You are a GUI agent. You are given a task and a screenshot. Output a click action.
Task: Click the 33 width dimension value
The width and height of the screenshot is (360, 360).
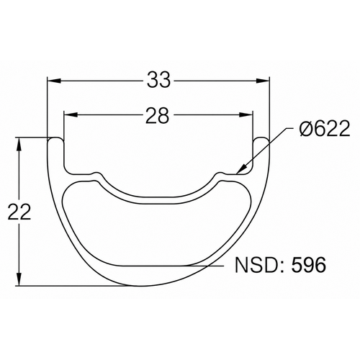pyautogui.click(x=158, y=80)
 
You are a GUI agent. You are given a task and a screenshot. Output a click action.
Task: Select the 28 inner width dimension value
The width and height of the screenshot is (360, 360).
pyautogui.click(x=158, y=115)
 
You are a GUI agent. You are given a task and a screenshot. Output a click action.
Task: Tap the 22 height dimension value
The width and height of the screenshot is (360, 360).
pyautogui.click(x=19, y=212)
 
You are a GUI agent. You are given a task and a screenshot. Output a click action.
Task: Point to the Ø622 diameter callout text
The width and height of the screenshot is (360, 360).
pyautogui.click(x=325, y=128)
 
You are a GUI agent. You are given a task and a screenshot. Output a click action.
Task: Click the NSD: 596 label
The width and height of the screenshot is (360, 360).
pyautogui.click(x=281, y=265)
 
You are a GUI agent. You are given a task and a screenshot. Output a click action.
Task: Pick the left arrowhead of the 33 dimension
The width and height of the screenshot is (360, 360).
pyautogui.click(x=53, y=81)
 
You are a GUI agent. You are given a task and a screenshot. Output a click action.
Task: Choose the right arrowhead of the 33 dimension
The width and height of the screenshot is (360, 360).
pyautogui.click(x=262, y=81)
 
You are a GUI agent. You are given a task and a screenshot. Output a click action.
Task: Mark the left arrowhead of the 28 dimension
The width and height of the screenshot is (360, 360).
pyautogui.click(x=71, y=115)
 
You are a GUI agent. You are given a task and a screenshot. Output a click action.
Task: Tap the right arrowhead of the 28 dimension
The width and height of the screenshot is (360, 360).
pyautogui.click(x=246, y=115)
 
